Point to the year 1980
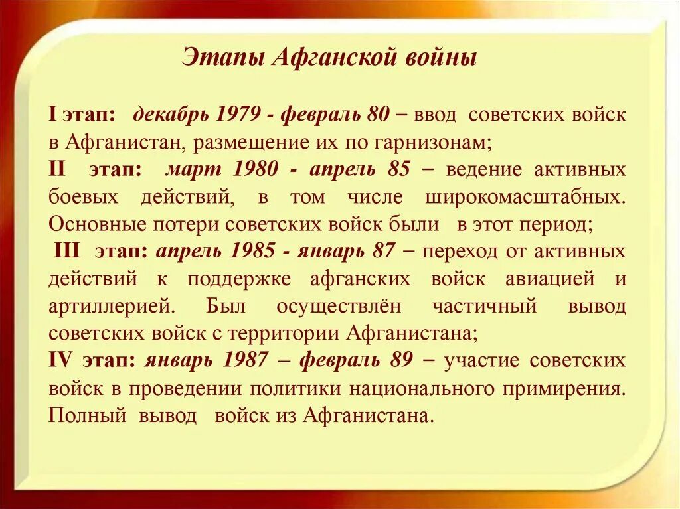256,169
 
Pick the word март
193,169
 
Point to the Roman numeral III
68,252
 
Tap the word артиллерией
112,307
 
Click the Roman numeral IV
60,360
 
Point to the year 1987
246,360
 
